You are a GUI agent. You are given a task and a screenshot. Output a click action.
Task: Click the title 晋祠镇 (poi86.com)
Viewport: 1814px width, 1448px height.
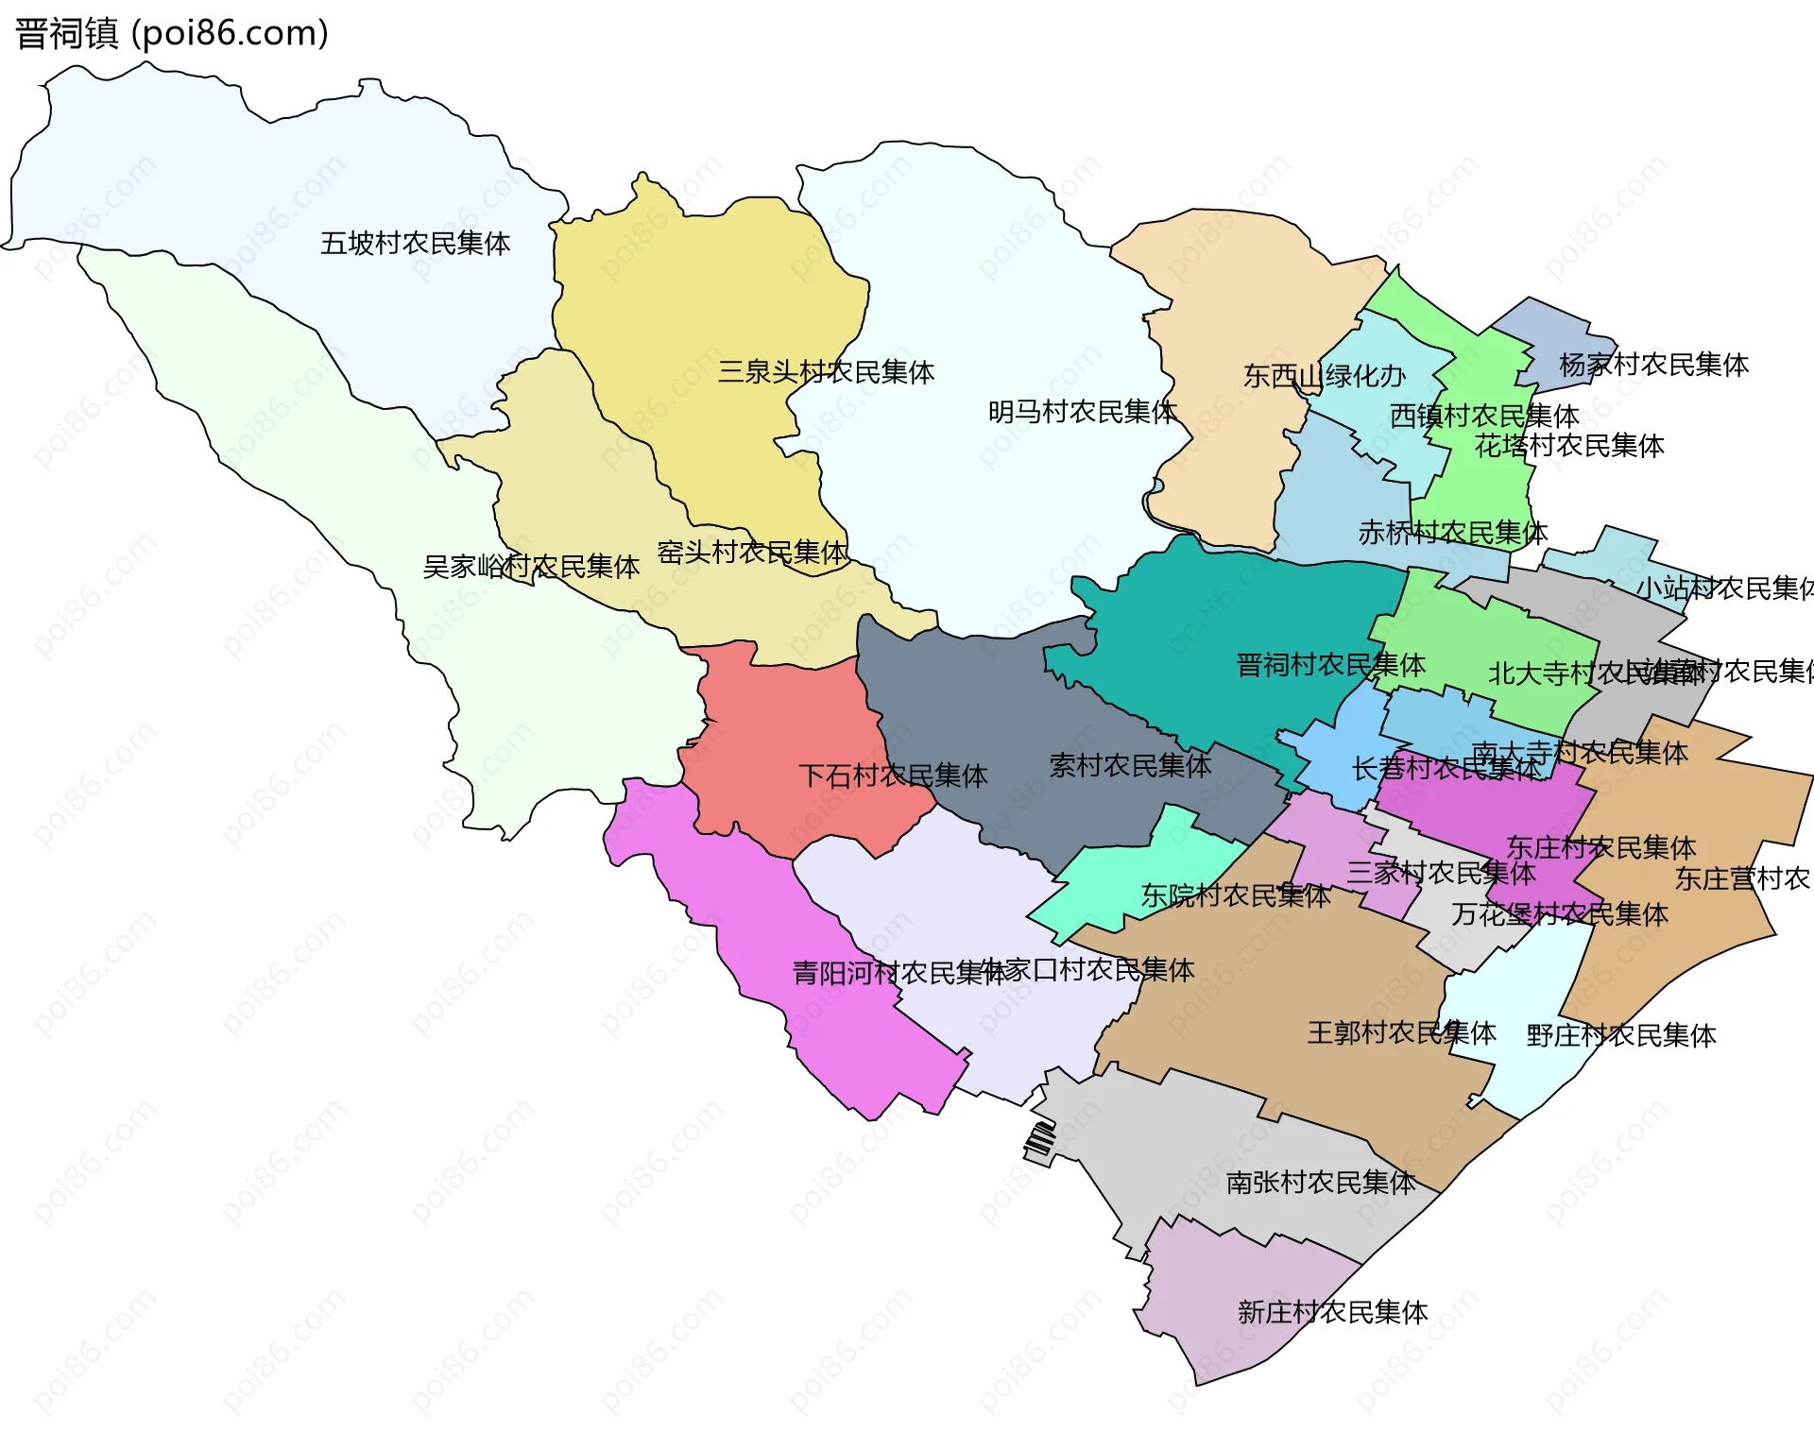tap(172, 33)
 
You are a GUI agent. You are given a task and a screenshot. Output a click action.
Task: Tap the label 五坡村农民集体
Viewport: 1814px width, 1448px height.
tap(415, 244)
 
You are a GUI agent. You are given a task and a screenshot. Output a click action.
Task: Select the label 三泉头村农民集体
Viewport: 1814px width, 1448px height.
tap(826, 372)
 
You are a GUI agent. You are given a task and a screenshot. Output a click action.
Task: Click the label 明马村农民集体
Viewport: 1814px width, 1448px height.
tap(1082, 412)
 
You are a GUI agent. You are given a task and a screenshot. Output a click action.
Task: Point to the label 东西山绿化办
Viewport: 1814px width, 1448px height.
tap(1324, 376)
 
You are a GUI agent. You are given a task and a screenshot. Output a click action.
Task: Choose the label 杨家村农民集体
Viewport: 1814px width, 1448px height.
tap(1653, 365)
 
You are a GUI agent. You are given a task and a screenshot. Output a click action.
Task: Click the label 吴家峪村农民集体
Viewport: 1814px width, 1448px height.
tap(531, 567)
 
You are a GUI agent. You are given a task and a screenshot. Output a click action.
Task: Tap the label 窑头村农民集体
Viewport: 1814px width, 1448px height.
tap(752, 553)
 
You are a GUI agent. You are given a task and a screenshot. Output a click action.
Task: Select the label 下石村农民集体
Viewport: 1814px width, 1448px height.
tap(893, 776)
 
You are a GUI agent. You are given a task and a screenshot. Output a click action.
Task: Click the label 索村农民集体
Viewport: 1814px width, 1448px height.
tap(1130, 766)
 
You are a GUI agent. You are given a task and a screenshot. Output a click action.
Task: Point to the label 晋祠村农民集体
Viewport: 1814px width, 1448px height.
tap(1330, 665)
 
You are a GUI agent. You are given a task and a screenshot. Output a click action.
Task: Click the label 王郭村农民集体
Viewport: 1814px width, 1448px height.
tap(1401, 1032)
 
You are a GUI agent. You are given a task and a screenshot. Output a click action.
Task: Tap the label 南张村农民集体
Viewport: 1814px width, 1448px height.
tap(1320, 1183)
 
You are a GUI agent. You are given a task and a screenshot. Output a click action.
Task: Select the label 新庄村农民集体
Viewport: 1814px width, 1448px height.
tap(1332, 1312)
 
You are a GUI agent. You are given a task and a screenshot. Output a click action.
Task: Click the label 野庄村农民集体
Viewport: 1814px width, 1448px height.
tap(1621, 1036)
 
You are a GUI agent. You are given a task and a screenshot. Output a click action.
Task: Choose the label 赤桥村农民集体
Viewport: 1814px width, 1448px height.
tap(1453, 533)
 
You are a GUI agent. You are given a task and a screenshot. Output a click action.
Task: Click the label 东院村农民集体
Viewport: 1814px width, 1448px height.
tap(1235, 895)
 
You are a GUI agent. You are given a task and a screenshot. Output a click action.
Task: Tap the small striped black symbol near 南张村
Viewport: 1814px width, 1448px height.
tap(1040, 1143)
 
